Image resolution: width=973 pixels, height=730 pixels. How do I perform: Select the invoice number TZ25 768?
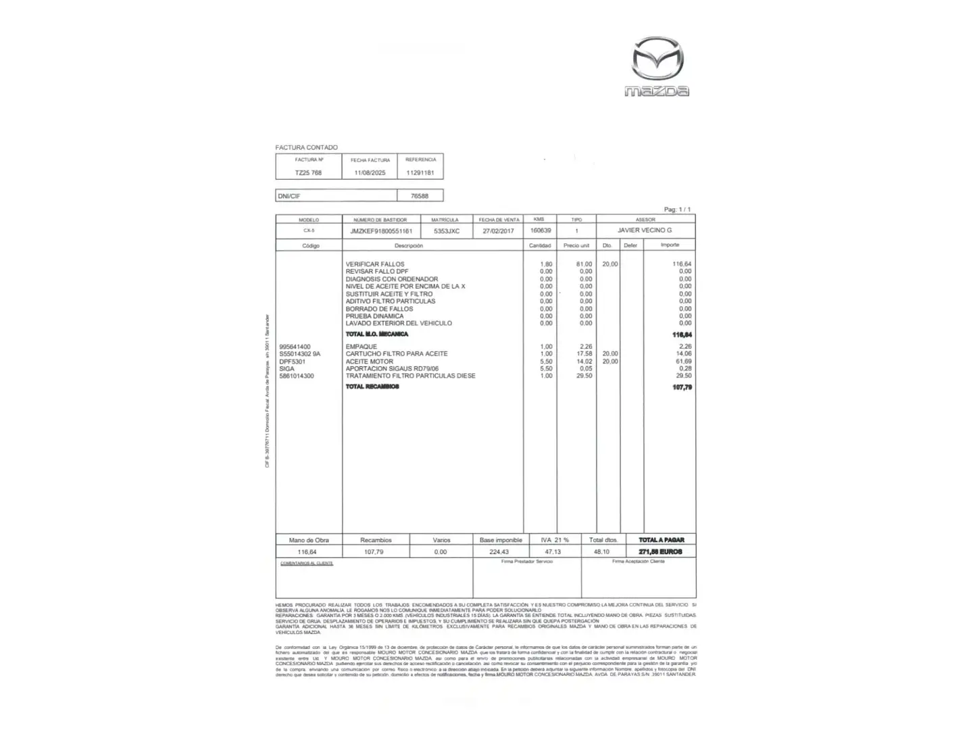308,173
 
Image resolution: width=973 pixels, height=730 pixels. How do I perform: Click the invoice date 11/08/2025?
370,173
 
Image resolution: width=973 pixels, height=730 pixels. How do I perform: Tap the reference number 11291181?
420,173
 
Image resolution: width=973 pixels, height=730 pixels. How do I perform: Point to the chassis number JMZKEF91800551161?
381,231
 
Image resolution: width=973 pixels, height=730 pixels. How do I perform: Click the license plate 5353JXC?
447,231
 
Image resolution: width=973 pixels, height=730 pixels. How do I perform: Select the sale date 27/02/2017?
499,231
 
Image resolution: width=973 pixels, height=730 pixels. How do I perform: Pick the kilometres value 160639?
541,230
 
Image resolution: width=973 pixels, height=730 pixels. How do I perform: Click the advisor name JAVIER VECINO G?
645,230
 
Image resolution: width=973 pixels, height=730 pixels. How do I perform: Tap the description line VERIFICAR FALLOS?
375,264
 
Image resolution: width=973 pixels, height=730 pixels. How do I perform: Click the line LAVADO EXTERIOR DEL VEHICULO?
399,323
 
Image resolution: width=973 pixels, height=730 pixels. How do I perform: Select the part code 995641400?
295,347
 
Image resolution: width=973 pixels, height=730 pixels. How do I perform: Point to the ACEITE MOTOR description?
369,362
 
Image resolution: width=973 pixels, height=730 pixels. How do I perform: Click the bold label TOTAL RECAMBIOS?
372,387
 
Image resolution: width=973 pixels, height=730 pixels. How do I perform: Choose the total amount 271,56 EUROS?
660,552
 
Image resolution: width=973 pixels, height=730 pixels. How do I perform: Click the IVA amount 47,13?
553,552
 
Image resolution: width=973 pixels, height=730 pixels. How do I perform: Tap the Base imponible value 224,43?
499,552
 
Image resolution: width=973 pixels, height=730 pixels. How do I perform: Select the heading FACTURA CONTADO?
306,147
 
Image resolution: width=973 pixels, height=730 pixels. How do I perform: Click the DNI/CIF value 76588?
420,196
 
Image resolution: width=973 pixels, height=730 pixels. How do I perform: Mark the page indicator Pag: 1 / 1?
677,210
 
